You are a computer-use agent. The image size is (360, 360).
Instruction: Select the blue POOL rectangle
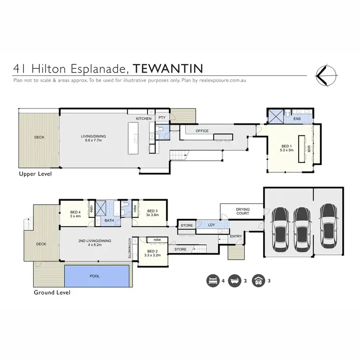96,276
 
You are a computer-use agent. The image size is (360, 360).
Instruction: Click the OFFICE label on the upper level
202,131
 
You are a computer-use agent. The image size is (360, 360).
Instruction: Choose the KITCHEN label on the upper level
144,118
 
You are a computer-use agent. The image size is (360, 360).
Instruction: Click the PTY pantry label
162,117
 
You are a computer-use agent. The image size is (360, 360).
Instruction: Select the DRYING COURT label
242,211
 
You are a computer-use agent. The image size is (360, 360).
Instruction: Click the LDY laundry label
211,224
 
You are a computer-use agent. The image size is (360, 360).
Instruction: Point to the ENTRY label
236,236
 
